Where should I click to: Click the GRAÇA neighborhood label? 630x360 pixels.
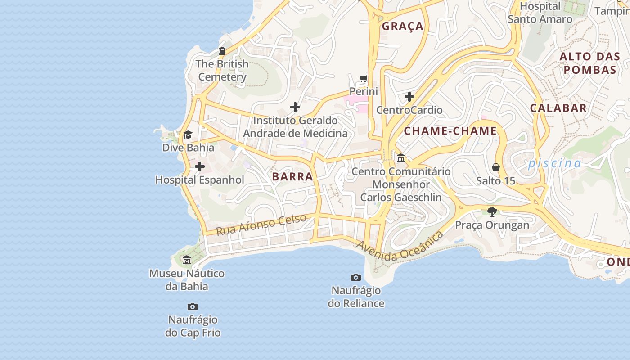(x=403, y=26)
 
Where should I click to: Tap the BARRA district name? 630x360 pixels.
(x=292, y=176)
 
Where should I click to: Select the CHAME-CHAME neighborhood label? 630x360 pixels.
(x=450, y=131)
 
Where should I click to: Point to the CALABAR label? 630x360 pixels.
(x=558, y=108)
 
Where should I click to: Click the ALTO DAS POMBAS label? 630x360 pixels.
(x=589, y=63)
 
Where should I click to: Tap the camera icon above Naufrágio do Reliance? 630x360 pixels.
(x=356, y=277)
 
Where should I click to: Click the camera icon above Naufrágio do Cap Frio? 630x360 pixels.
(x=193, y=307)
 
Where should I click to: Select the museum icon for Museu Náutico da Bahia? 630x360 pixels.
(x=187, y=260)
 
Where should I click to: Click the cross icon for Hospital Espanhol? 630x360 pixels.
(x=200, y=167)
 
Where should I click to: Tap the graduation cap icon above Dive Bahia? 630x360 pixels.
(x=188, y=135)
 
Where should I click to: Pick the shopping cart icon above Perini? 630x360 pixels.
(x=364, y=79)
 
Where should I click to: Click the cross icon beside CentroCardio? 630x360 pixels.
(x=409, y=97)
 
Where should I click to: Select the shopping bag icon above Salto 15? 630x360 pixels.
(x=496, y=167)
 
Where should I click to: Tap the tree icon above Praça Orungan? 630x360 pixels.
(x=492, y=211)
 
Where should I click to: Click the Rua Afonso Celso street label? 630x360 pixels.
(x=261, y=225)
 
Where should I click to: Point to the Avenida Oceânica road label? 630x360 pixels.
(x=400, y=247)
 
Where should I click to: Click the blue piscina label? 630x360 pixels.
(x=554, y=163)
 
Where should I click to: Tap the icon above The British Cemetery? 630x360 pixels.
(x=222, y=51)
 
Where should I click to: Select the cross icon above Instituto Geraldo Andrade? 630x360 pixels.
(x=295, y=107)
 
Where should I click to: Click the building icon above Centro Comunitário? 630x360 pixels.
(x=401, y=158)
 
